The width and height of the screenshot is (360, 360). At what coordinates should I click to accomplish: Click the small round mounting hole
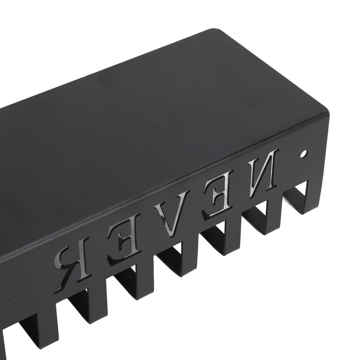[x=304, y=154]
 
